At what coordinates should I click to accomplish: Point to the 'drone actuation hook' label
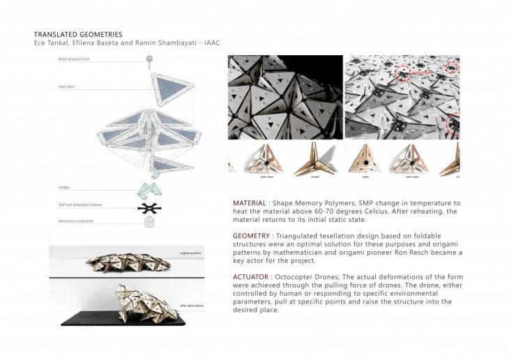[75, 60]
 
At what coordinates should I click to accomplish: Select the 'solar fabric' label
[67, 88]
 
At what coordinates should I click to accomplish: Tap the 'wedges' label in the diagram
[64, 188]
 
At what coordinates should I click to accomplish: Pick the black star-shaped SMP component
[148, 207]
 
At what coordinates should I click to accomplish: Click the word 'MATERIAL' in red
[251, 203]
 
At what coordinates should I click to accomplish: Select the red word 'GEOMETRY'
[253, 236]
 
